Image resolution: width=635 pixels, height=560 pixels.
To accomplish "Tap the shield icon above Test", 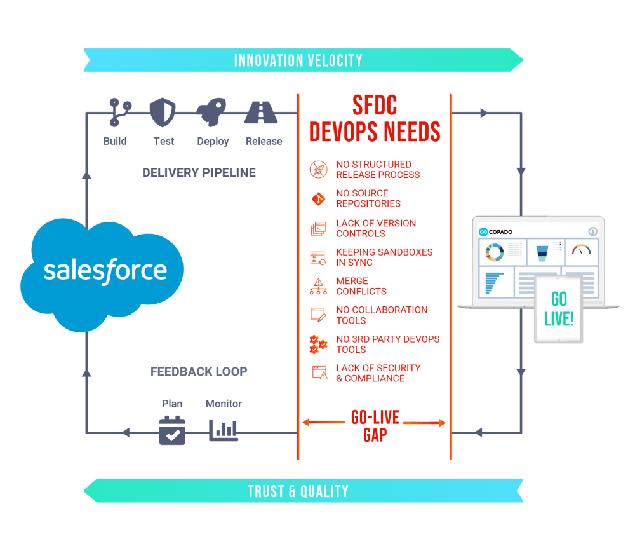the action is [x=163, y=113].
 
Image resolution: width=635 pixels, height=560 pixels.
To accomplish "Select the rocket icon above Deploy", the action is [x=211, y=112].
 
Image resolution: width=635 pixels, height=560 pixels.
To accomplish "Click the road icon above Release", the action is [x=261, y=112].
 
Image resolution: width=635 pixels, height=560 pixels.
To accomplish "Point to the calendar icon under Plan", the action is [x=172, y=430].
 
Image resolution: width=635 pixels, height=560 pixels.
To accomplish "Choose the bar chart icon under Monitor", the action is [x=223, y=430].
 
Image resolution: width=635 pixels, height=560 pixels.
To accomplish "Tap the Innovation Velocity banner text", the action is [x=298, y=60].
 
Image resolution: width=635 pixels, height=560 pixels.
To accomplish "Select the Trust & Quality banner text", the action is [x=298, y=491].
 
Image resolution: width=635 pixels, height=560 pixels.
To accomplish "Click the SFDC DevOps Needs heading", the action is [x=375, y=118].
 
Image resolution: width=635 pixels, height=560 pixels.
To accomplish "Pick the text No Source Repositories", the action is [x=368, y=198].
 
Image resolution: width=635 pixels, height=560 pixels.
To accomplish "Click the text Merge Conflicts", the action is [x=361, y=286].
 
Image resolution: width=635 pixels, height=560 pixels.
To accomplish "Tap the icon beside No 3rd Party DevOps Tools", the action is [x=318, y=345].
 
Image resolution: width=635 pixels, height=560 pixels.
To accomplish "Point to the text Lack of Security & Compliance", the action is [x=378, y=373].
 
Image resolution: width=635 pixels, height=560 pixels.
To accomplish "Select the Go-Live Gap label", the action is [x=375, y=426].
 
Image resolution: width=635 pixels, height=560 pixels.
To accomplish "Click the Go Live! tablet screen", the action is [x=558, y=309].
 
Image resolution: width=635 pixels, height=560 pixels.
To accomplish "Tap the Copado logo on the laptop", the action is [x=496, y=232].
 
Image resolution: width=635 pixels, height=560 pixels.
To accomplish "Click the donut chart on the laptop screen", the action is [x=495, y=252].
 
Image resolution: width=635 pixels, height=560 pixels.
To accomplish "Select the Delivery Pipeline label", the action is [x=199, y=173].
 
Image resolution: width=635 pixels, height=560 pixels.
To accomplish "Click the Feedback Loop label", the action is [x=199, y=371].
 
